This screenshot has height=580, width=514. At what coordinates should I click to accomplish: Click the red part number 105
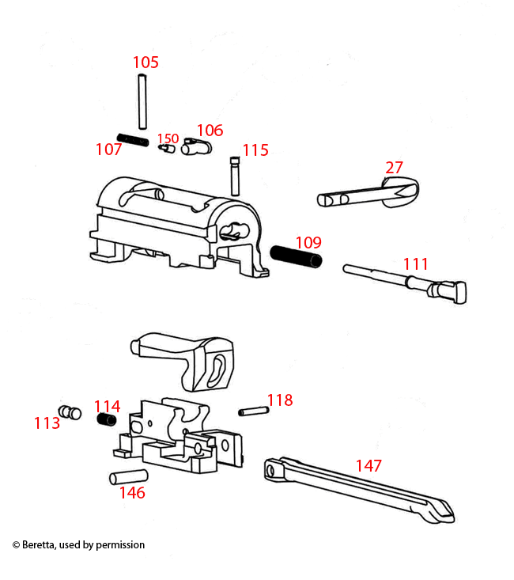[146, 62]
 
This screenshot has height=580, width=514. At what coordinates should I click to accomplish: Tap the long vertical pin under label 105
[142, 101]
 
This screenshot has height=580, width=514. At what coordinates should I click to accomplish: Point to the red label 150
[168, 138]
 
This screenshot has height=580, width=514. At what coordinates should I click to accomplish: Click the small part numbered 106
[196, 147]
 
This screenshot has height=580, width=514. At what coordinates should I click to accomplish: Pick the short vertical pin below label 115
[235, 176]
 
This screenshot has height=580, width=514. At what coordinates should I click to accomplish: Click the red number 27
[394, 168]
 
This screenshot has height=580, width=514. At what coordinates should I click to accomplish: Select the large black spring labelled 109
[297, 256]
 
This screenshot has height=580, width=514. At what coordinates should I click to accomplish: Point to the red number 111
[415, 263]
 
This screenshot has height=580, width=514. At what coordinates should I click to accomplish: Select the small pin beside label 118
[250, 411]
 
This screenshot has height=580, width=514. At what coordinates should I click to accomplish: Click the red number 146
[132, 493]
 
